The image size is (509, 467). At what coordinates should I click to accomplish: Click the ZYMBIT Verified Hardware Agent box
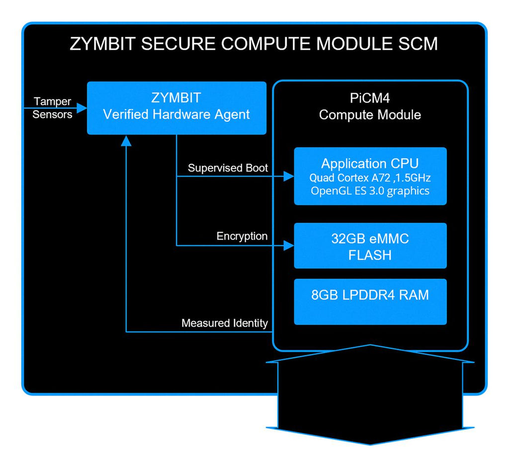click(x=176, y=108)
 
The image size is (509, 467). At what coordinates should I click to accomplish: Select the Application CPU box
click(x=370, y=176)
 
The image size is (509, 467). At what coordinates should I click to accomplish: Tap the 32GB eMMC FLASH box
click(x=370, y=245)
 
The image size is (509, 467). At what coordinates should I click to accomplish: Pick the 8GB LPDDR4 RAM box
click(x=370, y=302)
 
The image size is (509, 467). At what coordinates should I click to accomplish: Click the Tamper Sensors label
click(x=53, y=108)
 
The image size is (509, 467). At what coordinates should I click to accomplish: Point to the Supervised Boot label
click(x=228, y=168)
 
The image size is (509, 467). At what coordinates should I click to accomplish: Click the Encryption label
click(x=242, y=236)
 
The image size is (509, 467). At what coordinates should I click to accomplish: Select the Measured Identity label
click(x=225, y=323)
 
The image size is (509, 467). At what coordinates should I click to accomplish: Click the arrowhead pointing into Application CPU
click(x=288, y=176)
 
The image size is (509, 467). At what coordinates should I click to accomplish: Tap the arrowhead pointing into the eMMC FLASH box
click(x=288, y=245)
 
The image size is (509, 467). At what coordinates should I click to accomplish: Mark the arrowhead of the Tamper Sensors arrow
click(x=82, y=108)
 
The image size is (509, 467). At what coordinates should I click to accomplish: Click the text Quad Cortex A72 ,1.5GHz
click(x=370, y=177)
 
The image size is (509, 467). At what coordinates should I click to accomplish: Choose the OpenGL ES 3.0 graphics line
click(x=370, y=190)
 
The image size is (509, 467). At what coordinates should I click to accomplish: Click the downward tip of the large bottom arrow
click(x=370, y=444)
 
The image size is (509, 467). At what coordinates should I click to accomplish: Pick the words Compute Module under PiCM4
click(x=370, y=115)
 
